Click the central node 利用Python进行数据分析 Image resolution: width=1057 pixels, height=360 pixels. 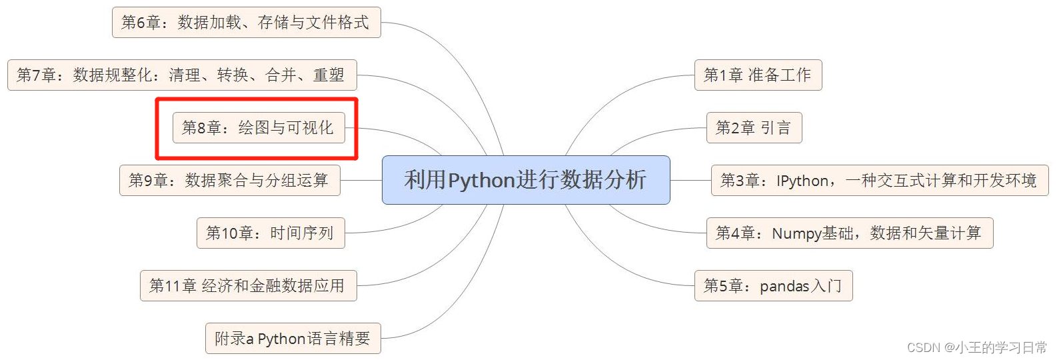click(x=525, y=180)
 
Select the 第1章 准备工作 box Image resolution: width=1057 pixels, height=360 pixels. click(x=758, y=75)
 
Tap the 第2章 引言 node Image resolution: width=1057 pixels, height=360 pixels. click(x=754, y=127)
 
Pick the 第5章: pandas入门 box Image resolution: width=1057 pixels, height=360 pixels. click(x=773, y=286)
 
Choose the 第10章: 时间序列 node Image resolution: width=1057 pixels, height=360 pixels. click(x=271, y=233)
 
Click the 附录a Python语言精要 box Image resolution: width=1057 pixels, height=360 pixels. click(x=293, y=339)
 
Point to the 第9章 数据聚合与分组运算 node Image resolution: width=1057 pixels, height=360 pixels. click(x=229, y=181)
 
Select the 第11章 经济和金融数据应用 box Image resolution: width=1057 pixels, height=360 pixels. click(x=248, y=286)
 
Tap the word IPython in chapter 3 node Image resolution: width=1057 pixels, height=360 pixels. click(x=802, y=181)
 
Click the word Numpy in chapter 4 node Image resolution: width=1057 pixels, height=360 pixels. click(x=796, y=233)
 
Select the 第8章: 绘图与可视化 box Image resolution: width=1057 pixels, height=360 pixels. click(x=259, y=127)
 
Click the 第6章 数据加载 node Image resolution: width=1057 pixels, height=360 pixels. click(x=246, y=23)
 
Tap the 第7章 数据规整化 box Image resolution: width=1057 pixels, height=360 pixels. click(x=181, y=75)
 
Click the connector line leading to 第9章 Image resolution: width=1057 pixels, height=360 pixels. click(x=361, y=180)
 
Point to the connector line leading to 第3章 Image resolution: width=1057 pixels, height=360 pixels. click(x=690, y=180)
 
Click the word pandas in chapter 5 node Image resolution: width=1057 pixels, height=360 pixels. click(x=784, y=287)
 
